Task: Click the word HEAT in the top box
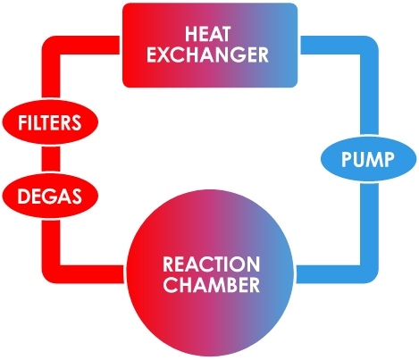pyautogui.click(x=207, y=34)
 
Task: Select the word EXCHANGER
pyautogui.click(x=207, y=54)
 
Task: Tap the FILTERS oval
pyautogui.click(x=50, y=122)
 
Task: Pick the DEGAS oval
pyautogui.click(x=50, y=196)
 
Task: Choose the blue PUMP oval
pyautogui.click(x=368, y=159)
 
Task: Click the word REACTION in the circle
pyautogui.click(x=211, y=264)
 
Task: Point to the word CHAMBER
pyautogui.click(x=211, y=285)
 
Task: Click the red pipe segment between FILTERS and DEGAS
pyautogui.click(x=51, y=159)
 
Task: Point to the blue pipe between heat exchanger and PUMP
pyautogui.click(x=369, y=89)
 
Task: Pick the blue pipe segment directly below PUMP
pyautogui.click(x=369, y=223)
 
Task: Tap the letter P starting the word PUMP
pyautogui.click(x=346, y=159)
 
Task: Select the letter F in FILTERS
pyautogui.click(x=22, y=122)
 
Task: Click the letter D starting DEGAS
pyautogui.click(x=23, y=197)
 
